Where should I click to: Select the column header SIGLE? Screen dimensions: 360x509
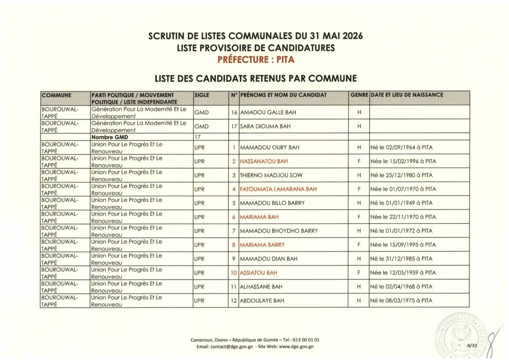pos(202,94)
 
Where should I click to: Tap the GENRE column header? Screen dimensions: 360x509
pos(359,94)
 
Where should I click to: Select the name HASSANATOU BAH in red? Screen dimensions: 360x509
pos(263,162)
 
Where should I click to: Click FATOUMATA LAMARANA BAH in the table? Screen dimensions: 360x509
pos(278,189)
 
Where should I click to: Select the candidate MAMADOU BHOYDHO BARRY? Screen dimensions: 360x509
pos(279,231)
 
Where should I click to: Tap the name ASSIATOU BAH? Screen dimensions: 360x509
pos(258,272)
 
